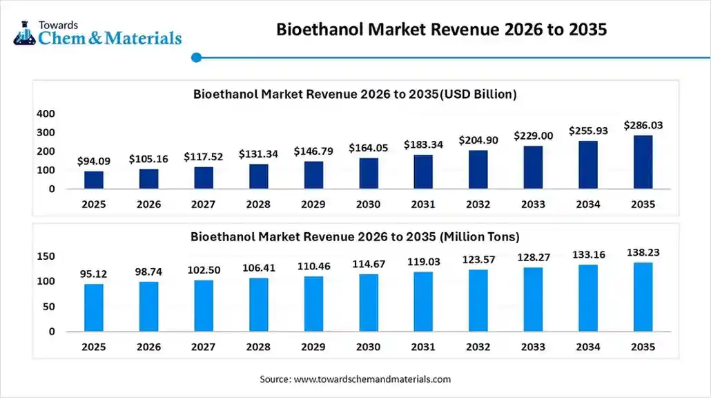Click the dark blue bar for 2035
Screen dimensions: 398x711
coord(643,162)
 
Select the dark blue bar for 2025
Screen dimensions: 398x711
coord(94,180)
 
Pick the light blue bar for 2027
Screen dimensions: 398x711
coord(204,305)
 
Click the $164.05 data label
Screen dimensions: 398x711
coord(369,148)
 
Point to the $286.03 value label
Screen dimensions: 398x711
coord(643,125)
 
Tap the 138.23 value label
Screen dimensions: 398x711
coord(643,253)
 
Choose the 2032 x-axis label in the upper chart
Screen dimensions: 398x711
coord(478,205)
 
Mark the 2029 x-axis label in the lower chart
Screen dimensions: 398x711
coord(313,347)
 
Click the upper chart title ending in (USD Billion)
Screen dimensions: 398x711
coord(355,93)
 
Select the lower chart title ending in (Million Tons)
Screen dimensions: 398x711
coord(355,236)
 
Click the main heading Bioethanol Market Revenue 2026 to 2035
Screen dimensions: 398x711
coord(442,30)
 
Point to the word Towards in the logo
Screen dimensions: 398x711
coord(59,23)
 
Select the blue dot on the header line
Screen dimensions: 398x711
coord(196,57)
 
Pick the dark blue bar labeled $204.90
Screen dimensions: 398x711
coord(478,169)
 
